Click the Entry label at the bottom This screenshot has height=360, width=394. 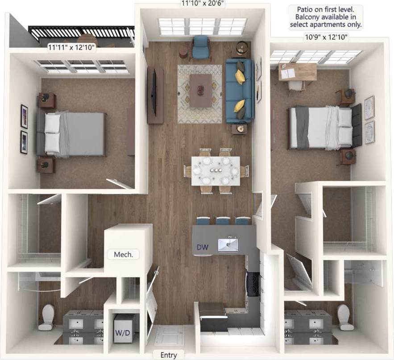(x=169, y=355)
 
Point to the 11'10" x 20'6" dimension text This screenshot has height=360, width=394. (x=202, y=4)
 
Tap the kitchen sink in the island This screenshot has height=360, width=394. (x=228, y=244)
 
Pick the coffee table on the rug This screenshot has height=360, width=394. (x=200, y=85)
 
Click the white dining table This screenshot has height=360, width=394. (x=216, y=170)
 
